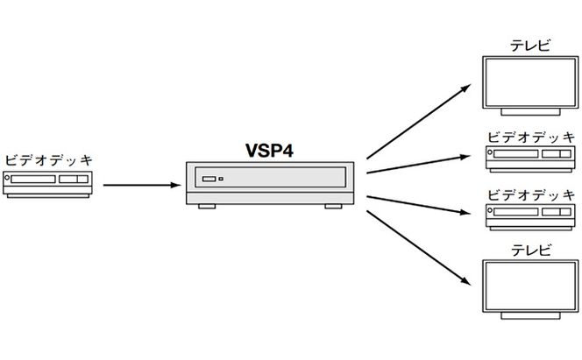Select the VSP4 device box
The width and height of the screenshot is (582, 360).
pyautogui.click(x=267, y=182)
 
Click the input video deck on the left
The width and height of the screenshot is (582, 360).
pyautogui.click(x=48, y=183)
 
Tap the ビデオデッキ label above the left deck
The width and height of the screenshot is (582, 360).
pyautogui.click(x=48, y=160)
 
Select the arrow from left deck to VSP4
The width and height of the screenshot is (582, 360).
pyautogui.click(x=140, y=185)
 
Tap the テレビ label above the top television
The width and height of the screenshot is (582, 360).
pyautogui.click(x=531, y=45)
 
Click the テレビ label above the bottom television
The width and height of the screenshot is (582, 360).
pyautogui.click(x=531, y=251)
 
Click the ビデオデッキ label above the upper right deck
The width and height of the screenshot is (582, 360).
pyautogui.click(x=531, y=138)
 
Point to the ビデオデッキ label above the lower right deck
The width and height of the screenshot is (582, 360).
pyautogui.click(x=531, y=194)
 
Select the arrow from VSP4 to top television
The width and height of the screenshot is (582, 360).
pyautogui.click(x=417, y=121)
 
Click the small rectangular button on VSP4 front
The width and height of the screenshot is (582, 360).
pyautogui.click(x=209, y=180)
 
